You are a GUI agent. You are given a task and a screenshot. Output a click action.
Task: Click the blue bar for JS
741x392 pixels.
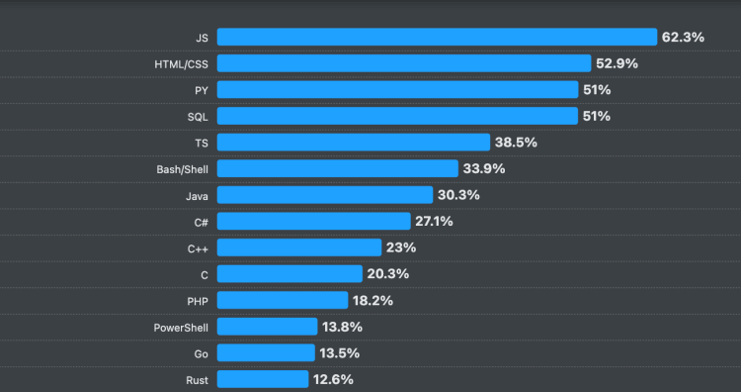[437, 37]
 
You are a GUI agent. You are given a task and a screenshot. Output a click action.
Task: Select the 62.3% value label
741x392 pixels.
[683, 37]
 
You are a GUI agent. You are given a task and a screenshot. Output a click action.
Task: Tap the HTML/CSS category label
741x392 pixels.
[181, 63]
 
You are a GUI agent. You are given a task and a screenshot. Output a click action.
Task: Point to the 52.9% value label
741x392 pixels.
[617, 63]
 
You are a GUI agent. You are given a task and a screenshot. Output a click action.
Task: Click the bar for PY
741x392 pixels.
[397, 90]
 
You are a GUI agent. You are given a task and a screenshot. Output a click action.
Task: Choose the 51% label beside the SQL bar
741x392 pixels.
[597, 116]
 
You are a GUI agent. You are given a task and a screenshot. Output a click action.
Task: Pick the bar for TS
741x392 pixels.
[354, 143]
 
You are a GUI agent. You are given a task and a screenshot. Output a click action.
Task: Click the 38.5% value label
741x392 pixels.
[516, 143]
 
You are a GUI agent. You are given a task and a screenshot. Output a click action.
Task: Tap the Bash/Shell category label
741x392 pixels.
[182, 168]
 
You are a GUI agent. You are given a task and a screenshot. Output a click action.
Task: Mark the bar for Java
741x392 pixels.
[325, 195]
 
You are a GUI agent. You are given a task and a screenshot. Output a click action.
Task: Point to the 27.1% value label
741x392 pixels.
[433, 221]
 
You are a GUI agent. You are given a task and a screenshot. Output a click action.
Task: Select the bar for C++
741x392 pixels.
[299, 247]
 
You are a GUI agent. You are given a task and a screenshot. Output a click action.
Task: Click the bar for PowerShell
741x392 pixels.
[267, 326]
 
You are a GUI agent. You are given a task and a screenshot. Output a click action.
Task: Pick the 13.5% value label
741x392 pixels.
[338, 352]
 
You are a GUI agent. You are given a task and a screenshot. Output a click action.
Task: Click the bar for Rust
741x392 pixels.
[263, 379]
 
